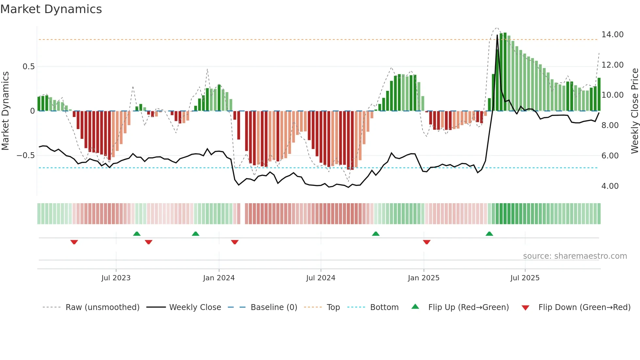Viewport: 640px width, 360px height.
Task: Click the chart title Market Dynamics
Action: pos(51,9)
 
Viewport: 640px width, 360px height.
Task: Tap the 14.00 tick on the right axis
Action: pos(612,35)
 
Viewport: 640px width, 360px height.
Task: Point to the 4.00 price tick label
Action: pos(610,186)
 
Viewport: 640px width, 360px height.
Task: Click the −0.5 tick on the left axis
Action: pos(26,155)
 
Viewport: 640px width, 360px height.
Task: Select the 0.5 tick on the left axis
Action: pos(28,67)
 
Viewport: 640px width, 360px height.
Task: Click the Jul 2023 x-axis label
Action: pos(116,278)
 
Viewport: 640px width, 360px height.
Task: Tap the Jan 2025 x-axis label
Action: pos(424,278)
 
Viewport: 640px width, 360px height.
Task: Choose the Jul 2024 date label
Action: pos(321,278)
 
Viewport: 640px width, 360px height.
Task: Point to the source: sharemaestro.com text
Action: pos(575,256)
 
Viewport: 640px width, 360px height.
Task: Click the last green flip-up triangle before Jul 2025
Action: pos(489,234)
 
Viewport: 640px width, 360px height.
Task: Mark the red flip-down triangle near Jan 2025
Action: pos(426,242)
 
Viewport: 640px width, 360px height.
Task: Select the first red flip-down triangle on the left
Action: pos(74,242)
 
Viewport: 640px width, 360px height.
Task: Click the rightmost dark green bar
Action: pos(599,95)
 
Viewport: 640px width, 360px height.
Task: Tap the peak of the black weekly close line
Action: pos(497,35)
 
